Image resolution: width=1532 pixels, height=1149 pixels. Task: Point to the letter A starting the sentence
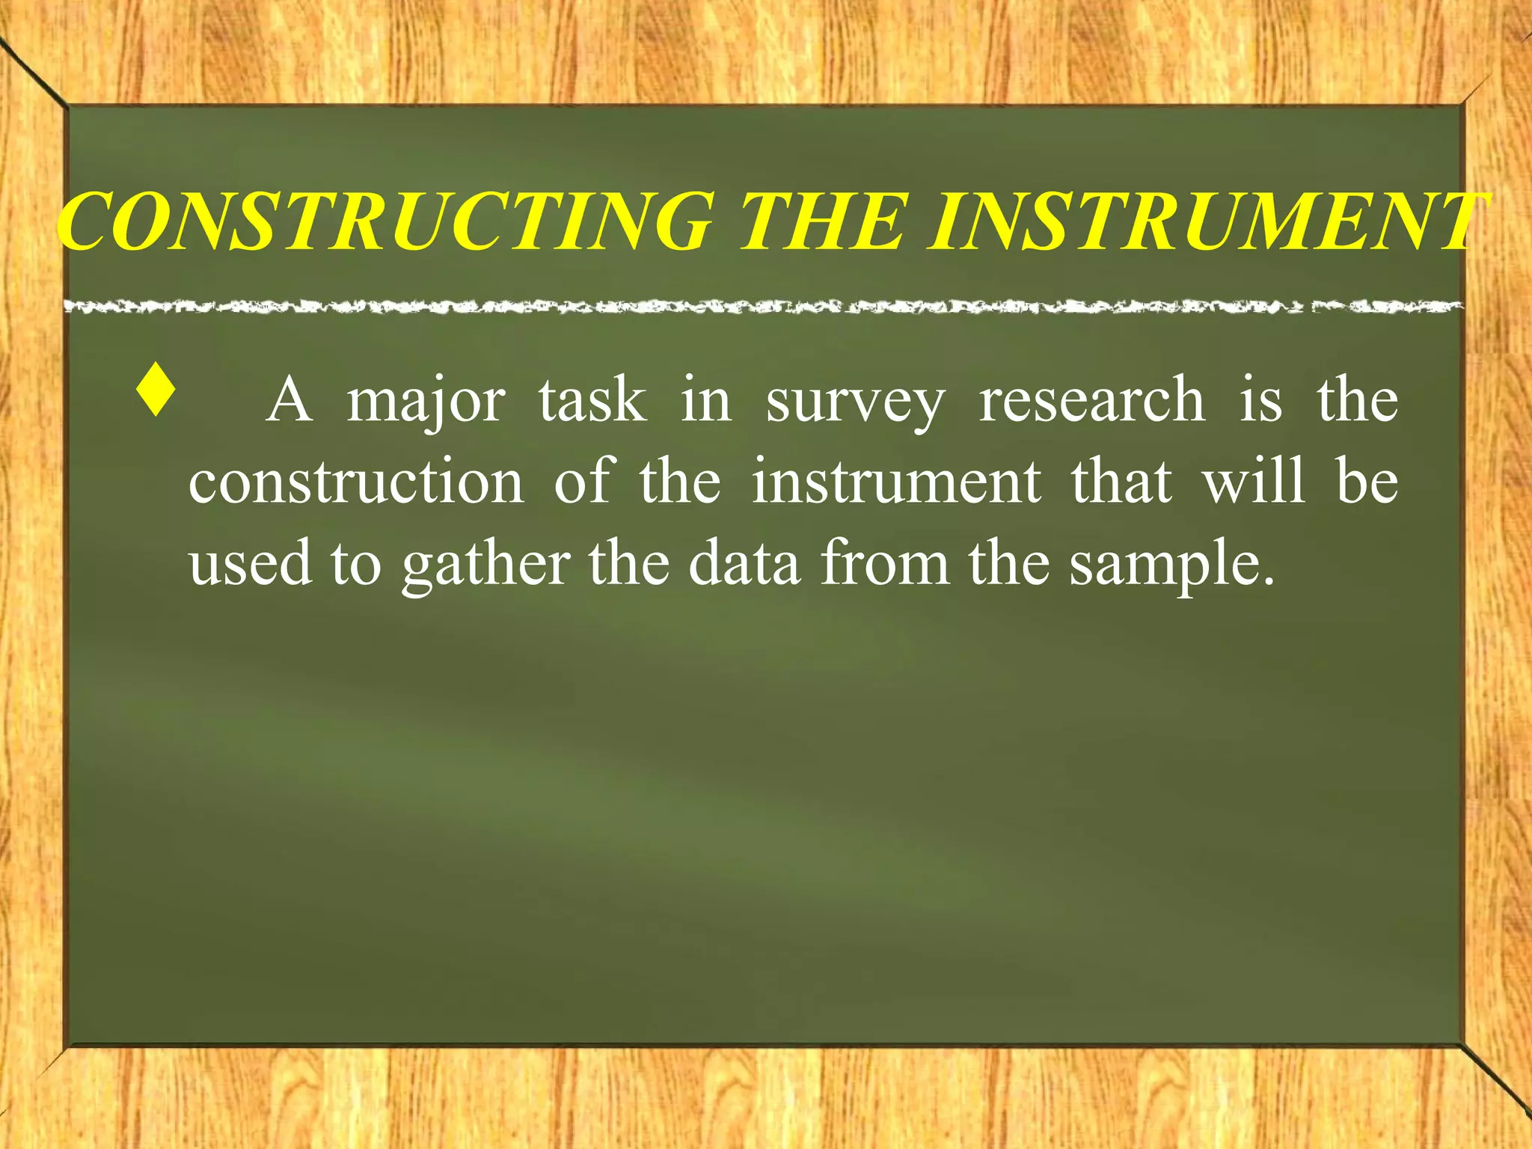pyautogui.click(x=289, y=400)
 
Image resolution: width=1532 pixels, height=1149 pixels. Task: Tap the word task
pyautogui.click(x=592, y=400)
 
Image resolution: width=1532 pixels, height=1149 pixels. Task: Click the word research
pyautogui.click(x=1091, y=400)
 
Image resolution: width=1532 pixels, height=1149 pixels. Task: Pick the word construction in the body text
pyautogui.click(x=356, y=482)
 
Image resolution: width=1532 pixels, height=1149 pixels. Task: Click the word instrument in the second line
pyautogui.click(x=895, y=482)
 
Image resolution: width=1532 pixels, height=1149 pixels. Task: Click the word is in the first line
pyautogui.click(x=1261, y=400)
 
